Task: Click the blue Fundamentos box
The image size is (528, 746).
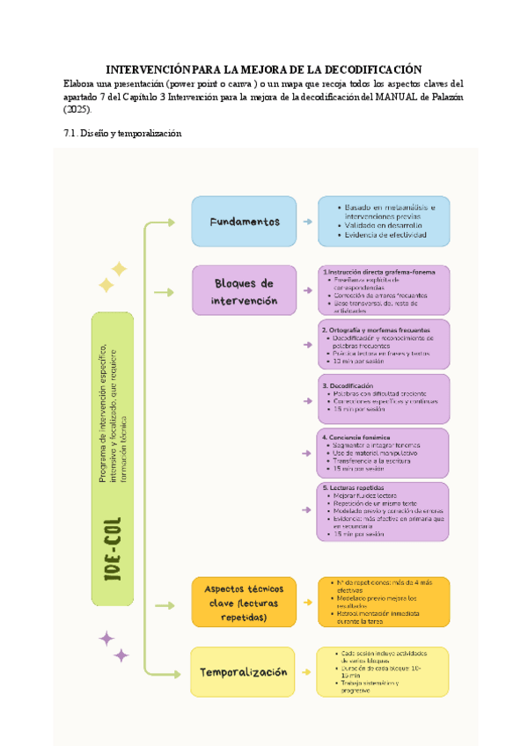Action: coord(244,221)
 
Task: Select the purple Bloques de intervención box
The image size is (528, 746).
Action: coord(244,291)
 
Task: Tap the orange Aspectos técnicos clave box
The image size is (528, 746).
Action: coord(244,602)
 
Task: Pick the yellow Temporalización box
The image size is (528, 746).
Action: coord(244,672)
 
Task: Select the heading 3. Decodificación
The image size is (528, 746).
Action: coord(348,385)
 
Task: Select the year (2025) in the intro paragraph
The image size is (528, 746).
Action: coord(77,109)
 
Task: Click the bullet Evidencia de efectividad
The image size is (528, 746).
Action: coord(385,236)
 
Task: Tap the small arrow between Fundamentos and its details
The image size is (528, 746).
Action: coord(306,222)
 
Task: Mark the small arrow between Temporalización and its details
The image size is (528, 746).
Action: coord(306,672)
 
